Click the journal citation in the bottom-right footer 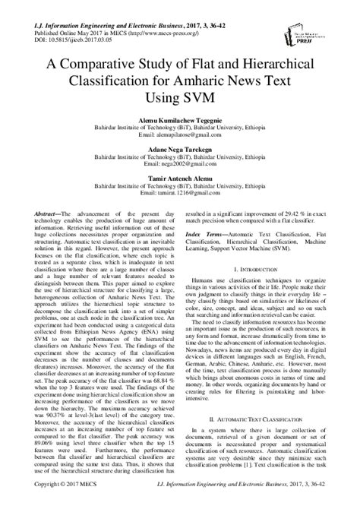[x=272, y=503]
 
